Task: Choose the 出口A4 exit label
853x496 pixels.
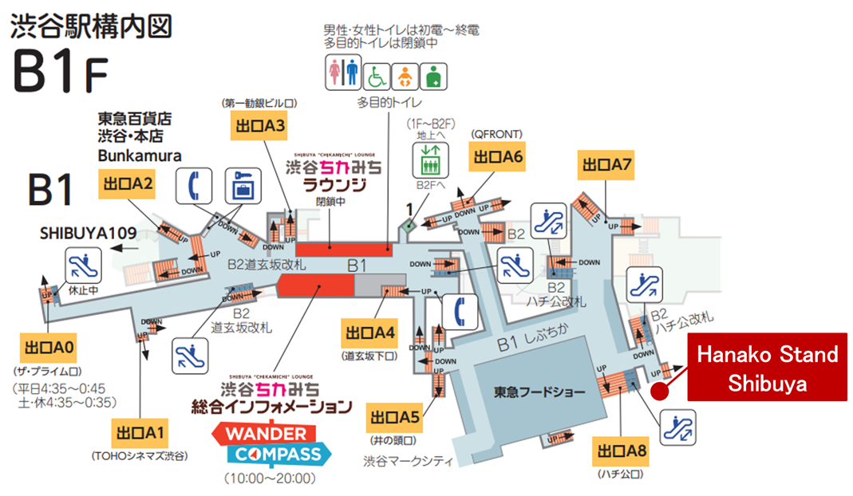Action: click(368, 332)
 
